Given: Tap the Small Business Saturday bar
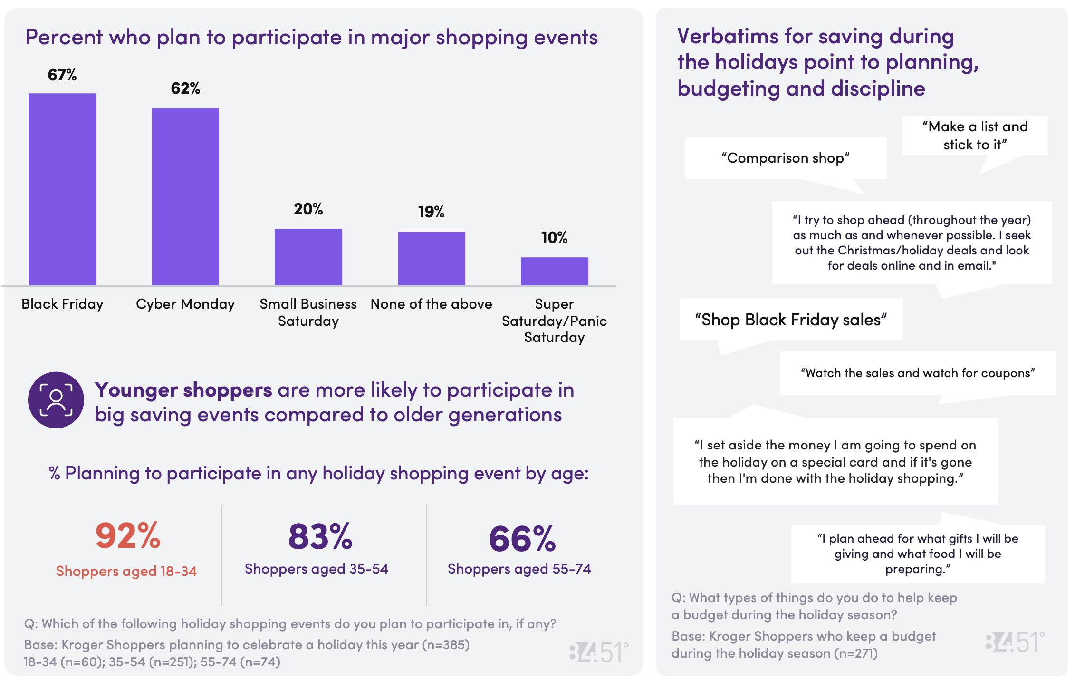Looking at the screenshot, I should [x=308, y=257].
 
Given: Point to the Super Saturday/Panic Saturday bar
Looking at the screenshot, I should [x=555, y=271].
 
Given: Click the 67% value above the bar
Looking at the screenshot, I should [x=62, y=75].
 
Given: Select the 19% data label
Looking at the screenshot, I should [x=431, y=212].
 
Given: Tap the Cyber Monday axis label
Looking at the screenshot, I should [x=185, y=304].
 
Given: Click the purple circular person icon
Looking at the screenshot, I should [x=56, y=400].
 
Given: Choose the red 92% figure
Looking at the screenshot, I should [x=128, y=536].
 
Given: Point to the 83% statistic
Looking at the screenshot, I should [x=320, y=537].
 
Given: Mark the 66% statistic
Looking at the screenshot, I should [x=522, y=539].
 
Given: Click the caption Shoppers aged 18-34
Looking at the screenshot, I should [x=126, y=571].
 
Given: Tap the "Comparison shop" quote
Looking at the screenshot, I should [x=786, y=158].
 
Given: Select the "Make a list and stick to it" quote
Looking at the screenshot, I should [x=975, y=136].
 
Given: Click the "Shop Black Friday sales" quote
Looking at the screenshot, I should [x=791, y=320].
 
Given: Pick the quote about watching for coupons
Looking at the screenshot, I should [x=918, y=373].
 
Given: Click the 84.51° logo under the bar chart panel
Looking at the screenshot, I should [x=599, y=652].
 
